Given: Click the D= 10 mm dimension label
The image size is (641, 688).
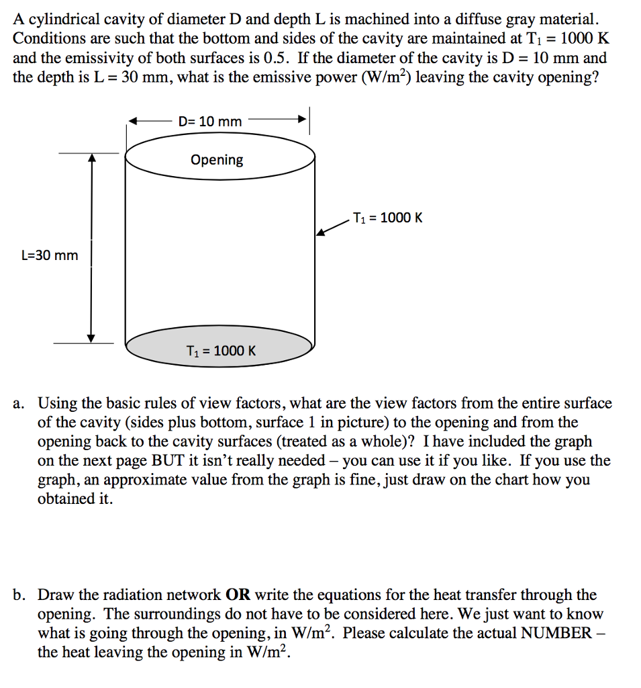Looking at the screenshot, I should [x=210, y=122].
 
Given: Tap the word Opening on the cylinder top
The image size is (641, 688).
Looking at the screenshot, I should [x=217, y=160].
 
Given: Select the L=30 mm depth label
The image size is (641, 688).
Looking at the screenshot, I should [x=50, y=255].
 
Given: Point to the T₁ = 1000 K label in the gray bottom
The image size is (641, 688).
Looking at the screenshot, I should [x=221, y=351].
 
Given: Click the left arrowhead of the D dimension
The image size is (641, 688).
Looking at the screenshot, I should [x=134, y=122].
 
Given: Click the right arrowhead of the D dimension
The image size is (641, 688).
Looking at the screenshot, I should [x=303, y=122].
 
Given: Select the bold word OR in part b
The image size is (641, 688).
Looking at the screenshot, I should [x=238, y=595].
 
